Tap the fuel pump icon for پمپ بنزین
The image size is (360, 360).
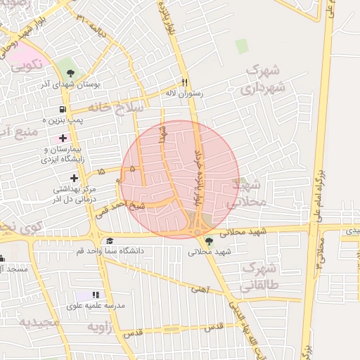pyautogui.click(x=63, y=110)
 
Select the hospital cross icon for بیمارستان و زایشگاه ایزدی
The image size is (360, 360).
pyautogui.click(x=63, y=138)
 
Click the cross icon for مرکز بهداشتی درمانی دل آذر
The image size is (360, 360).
pyautogui.click(x=74, y=178)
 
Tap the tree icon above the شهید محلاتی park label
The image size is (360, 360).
pyautogui.click(x=209, y=241)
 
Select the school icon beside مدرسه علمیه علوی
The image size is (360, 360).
pyautogui.click(x=96, y=295)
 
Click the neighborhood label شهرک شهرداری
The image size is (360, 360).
pyautogui.click(x=263, y=79)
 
